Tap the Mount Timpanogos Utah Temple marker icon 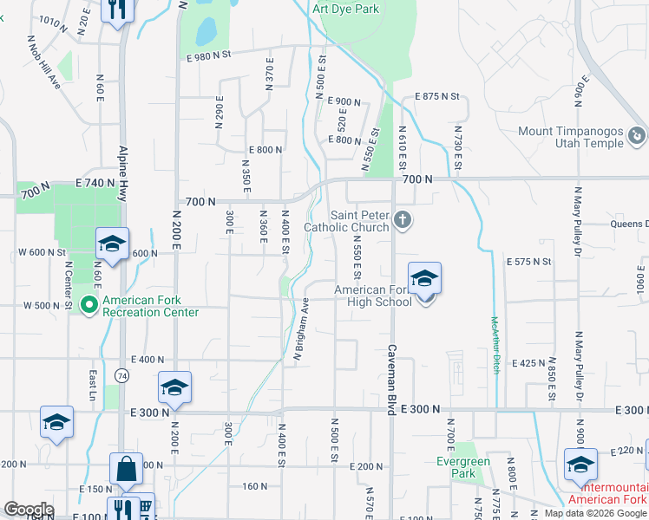[636, 136]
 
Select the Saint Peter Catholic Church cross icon [402, 220]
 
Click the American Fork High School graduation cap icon [424, 278]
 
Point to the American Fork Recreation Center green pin [88, 305]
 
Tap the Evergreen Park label [462, 467]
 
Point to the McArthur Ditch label [495, 344]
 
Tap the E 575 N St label [528, 260]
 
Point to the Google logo [28, 510]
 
